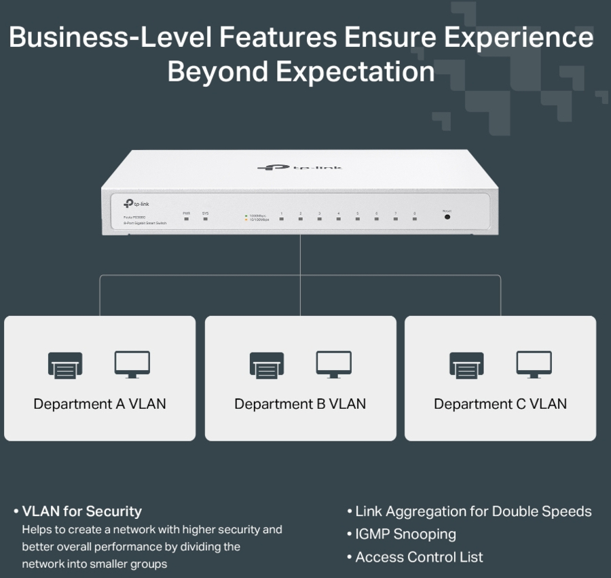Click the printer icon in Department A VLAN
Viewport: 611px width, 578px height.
click(x=65, y=365)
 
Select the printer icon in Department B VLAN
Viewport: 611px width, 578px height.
click(x=267, y=365)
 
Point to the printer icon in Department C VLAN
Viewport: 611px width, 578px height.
click(x=466, y=365)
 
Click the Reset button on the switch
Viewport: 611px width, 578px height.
click(x=447, y=216)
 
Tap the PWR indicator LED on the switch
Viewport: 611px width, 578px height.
click(x=187, y=219)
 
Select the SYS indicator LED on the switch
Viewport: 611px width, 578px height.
click(x=205, y=219)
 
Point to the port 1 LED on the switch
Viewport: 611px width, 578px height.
click(x=281, y=219)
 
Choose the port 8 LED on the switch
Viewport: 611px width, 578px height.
click(x=414, y=219)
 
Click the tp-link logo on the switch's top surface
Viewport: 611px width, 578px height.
click(x=301, y=167)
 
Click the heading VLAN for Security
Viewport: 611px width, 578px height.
click(x=81, y=511)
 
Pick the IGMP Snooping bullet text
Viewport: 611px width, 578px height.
click(x=405, y=534)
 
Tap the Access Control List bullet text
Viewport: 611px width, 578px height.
click(x=419, y=557)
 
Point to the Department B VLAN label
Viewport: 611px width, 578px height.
click(x=300, y=404)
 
